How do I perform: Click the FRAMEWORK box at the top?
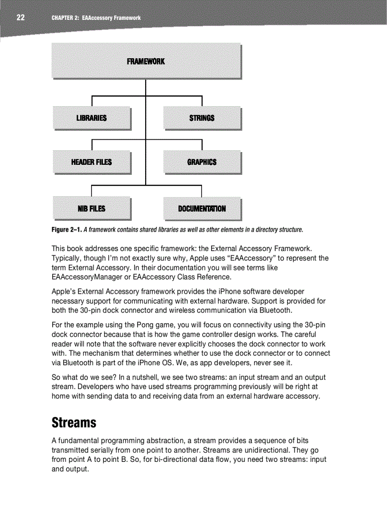146,61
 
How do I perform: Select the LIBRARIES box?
92,118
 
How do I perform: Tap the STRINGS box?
202,118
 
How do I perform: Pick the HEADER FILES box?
92,162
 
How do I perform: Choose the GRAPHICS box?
202,162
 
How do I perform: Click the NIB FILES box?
92,208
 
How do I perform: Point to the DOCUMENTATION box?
202,208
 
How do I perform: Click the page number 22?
20,18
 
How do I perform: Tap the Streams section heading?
74,422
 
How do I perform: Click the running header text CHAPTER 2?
65,18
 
